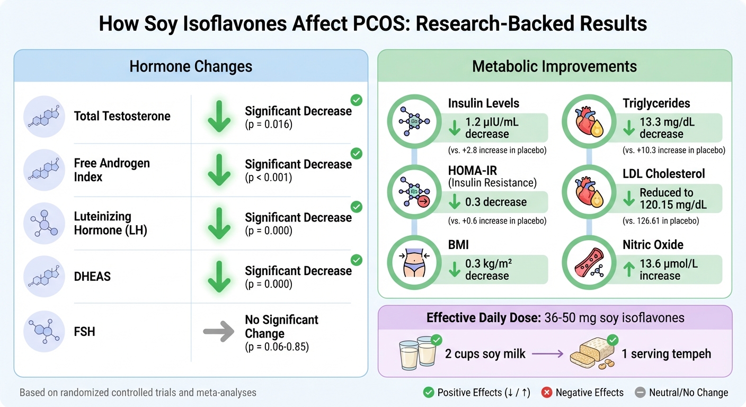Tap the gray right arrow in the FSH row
218,332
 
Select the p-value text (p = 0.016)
269,125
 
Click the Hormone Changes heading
191,66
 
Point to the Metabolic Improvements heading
554,66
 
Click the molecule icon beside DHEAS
45,276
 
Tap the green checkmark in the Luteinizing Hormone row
357,207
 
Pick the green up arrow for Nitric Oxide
628,269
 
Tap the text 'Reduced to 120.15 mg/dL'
673,199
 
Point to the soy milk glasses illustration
418,352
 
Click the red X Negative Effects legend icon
546,393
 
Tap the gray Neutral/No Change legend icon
640,393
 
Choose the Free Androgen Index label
112,170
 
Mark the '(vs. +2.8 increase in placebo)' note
497,151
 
